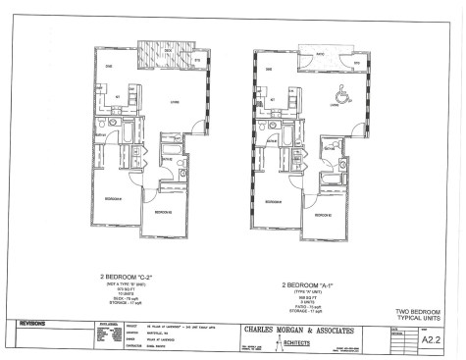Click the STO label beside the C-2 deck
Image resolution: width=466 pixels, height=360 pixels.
195,62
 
